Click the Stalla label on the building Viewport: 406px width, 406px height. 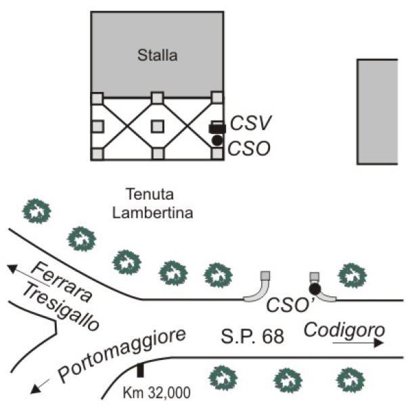157,55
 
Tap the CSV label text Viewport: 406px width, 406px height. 251,123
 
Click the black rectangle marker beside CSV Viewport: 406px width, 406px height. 217,128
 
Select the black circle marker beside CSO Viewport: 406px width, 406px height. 217,140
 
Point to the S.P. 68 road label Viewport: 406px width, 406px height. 250,334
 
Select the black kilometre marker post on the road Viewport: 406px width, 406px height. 140,370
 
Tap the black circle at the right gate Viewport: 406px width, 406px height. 314,288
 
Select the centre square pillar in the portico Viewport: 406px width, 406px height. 157,125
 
